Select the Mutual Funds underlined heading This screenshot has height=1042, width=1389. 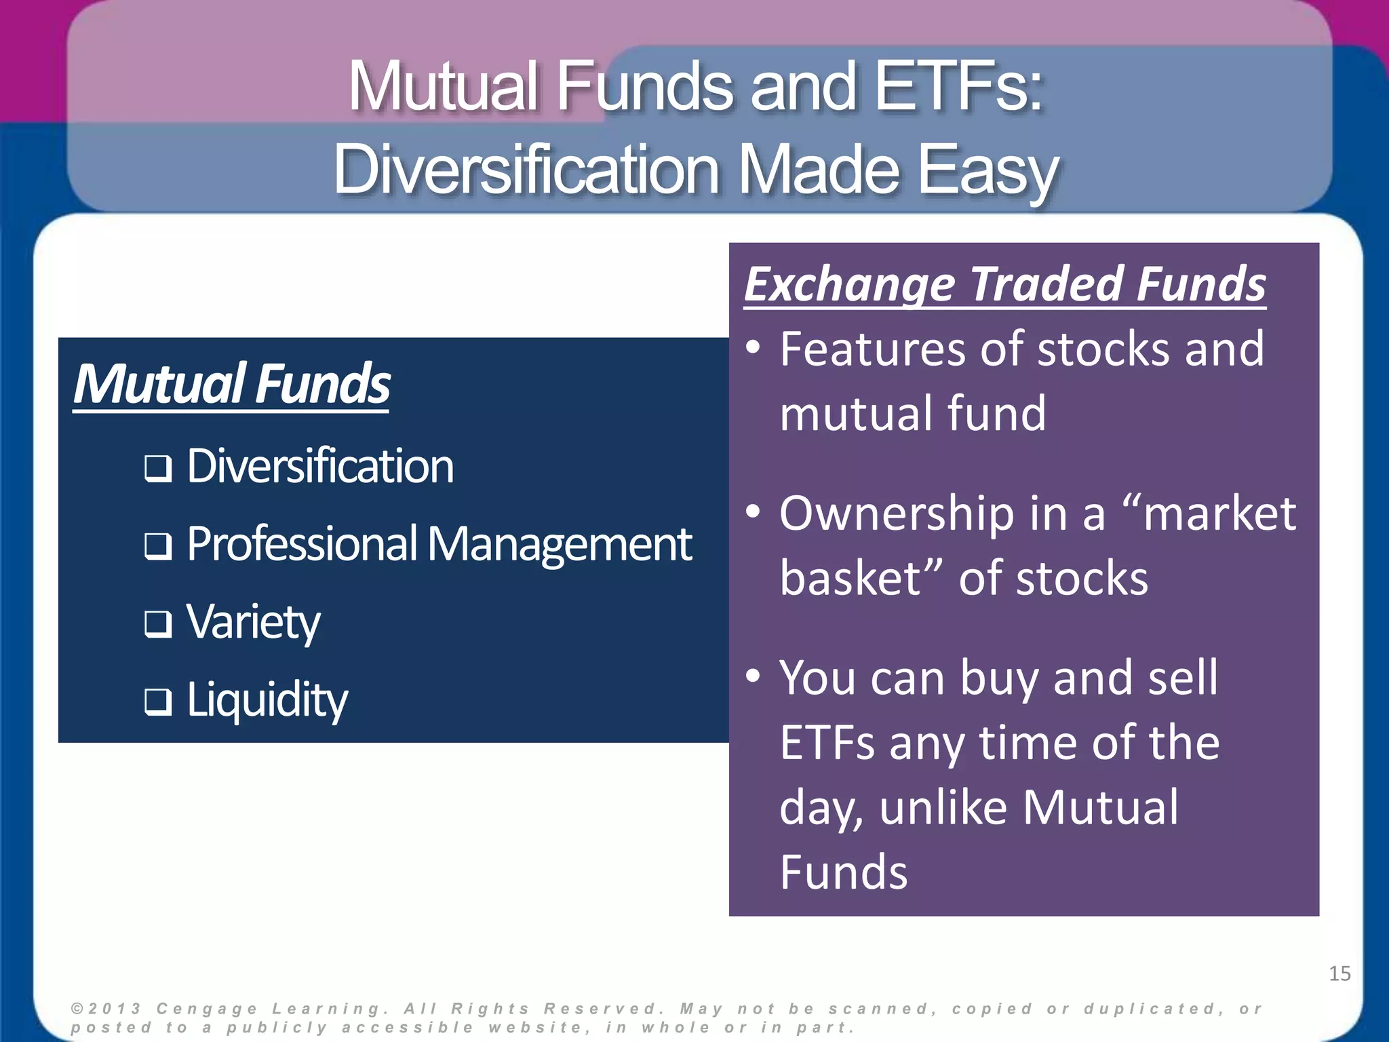tap(231, 384)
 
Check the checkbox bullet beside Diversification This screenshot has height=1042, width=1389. tap(157, 468)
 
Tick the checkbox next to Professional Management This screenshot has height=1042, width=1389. tap(157, 546)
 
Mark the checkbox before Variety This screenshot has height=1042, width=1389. tap(157, 624)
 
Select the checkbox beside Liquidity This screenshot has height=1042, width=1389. tap(157, 702)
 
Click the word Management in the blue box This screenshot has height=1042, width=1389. tap(559, 545)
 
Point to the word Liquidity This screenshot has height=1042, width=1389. tap(267, 700)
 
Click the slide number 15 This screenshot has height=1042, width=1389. tap(1339, 973)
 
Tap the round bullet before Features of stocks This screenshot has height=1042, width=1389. tap(753, 348)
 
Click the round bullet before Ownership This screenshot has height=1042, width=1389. tap(753, 512)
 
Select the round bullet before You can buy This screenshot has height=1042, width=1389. tap(753, 676)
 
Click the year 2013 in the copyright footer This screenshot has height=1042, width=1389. tap(115, 1009)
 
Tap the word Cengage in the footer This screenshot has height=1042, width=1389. tap(208, 1009)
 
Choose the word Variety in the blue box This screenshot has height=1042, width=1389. tap(253, 622)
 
